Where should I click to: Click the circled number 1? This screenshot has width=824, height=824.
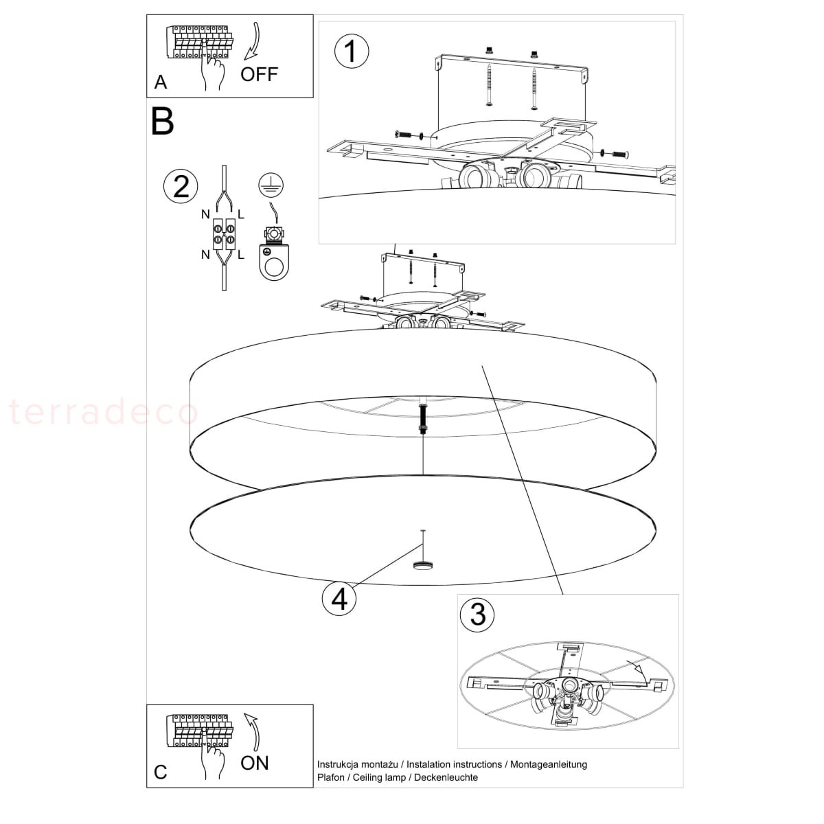(351, 51)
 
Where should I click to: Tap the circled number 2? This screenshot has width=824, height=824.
(181, 187)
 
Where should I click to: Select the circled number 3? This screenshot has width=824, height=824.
(477, 615)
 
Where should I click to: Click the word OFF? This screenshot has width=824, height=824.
(259, 74)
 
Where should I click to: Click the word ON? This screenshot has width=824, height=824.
(255, 763)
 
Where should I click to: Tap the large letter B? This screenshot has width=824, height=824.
(163, 122)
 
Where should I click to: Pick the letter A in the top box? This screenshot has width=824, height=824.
(161, 82)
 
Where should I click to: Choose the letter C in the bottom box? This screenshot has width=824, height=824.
(161, 772)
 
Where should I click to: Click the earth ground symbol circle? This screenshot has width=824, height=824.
(271, 185)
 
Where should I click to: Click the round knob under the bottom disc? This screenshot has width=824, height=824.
(423, 565)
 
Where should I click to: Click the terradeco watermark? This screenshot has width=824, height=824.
(104, 411)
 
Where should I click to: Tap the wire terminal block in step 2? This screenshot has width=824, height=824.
(224, 234)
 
